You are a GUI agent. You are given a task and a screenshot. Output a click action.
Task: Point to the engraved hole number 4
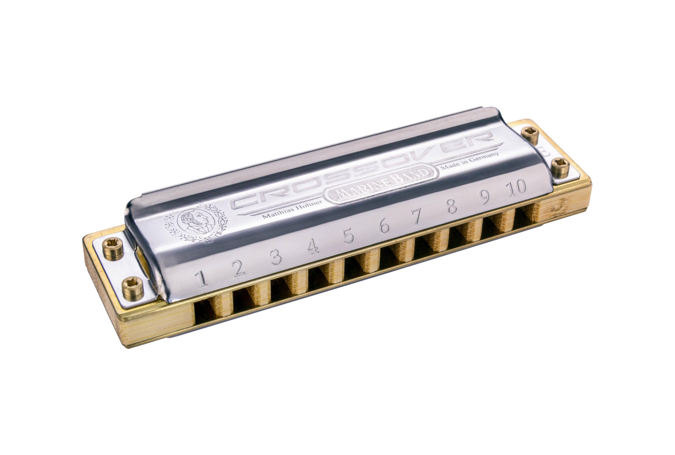point(313,247)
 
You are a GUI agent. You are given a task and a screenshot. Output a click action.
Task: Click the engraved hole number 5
point(348,236)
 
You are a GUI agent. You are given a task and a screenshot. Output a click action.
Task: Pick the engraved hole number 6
point(384,226)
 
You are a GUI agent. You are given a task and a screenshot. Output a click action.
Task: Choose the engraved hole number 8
point(452,206)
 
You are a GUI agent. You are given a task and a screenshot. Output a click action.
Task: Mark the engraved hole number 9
point(484,197)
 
